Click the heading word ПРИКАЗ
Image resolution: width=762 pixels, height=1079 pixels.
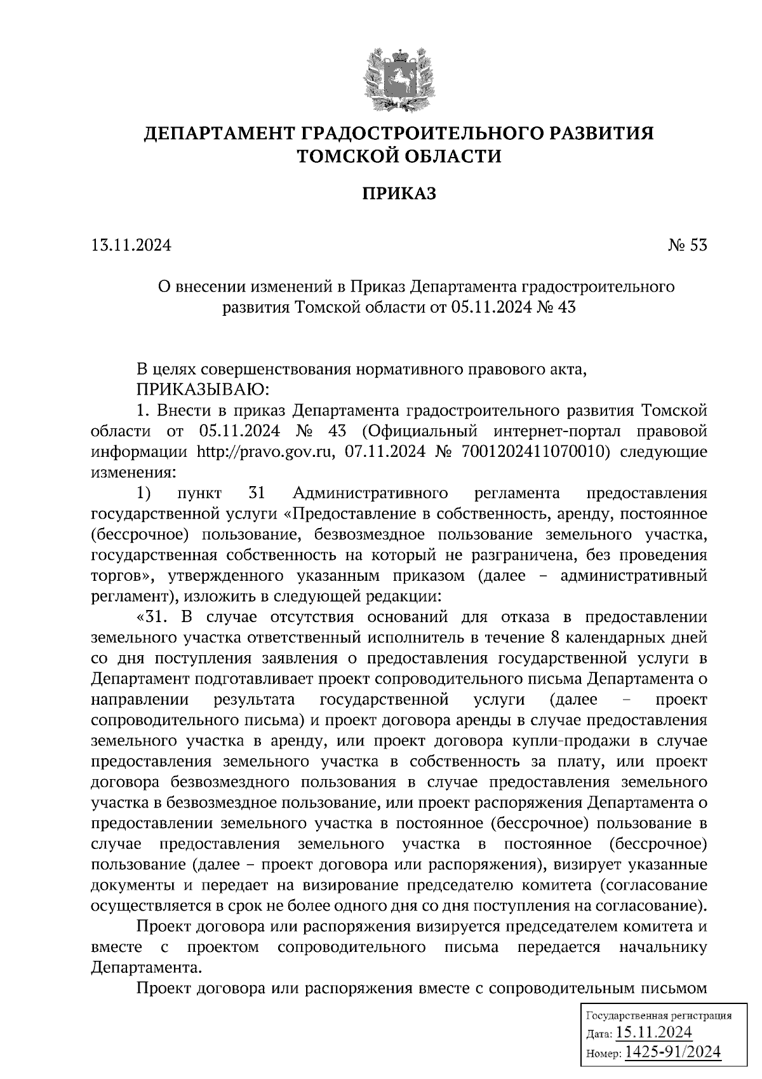(x=399, y=193)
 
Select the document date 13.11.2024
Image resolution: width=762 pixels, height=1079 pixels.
(x=131, y=245)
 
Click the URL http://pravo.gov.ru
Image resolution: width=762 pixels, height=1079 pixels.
(x=270, y=452)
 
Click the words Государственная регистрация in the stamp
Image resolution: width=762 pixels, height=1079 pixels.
(x=658, y=1015)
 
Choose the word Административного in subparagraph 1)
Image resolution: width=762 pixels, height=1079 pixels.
(x=371, y=493)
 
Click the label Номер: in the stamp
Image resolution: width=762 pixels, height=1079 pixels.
(x=603, y=1054)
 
